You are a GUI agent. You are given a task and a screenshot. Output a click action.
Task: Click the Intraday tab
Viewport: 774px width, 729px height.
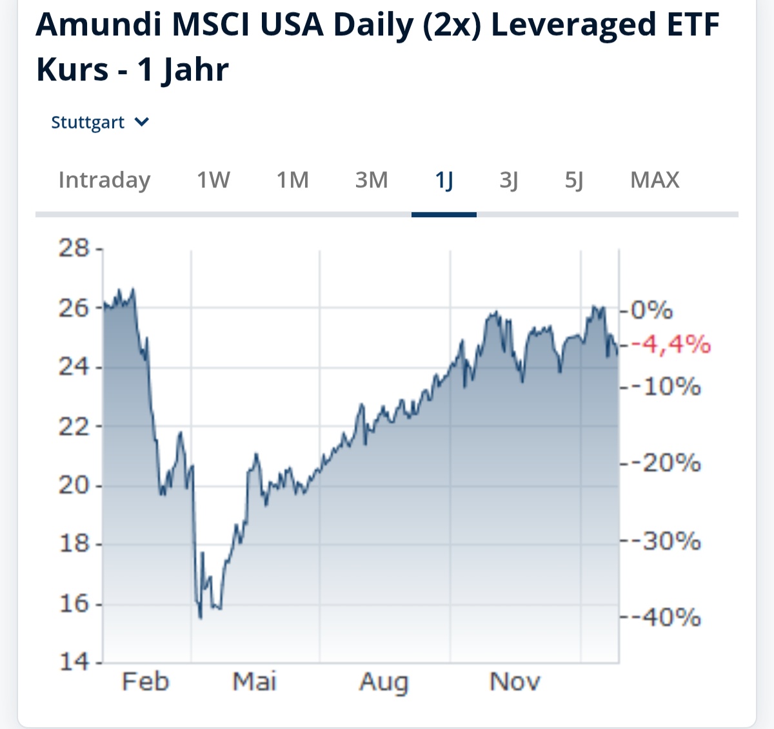tap(104, 180)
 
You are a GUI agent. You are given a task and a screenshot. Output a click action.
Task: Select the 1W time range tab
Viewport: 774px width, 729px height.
tap(213, 180)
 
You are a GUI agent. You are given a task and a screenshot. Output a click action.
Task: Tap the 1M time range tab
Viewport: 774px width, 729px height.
tap(292, 180)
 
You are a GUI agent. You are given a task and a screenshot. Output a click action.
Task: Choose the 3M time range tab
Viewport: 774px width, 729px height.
tap(372, 180)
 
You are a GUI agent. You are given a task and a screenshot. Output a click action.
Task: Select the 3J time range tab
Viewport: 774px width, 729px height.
tap(509, 180)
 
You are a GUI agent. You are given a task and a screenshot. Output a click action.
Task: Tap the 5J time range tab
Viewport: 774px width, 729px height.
tap(574, 180)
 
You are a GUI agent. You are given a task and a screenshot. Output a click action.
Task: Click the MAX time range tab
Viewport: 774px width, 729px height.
tap(655, 180)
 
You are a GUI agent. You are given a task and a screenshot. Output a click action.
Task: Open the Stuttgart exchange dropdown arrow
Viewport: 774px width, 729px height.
tap(143, 122)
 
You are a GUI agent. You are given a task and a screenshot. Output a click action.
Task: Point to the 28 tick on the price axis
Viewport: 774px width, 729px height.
tap(74, 248)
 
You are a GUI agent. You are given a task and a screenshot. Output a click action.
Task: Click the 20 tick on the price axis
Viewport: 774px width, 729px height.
tap(74, 485)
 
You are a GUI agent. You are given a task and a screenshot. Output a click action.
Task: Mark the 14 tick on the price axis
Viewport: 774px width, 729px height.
tap(74, 661)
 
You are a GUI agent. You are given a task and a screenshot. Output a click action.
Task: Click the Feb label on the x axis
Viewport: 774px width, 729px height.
tap(145, 681)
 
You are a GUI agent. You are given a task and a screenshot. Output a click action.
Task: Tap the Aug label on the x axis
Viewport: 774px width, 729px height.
tap(384, 681)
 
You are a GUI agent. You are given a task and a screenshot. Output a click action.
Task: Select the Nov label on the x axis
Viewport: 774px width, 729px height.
tap(515, 681)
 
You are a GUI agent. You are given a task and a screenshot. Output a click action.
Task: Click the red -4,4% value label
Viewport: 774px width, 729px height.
tap(671, 345)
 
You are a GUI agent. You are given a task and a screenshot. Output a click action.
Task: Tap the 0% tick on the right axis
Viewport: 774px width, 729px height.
tap(651, 311)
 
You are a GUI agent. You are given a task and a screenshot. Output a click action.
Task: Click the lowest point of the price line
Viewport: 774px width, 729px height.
tap(201, 617)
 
